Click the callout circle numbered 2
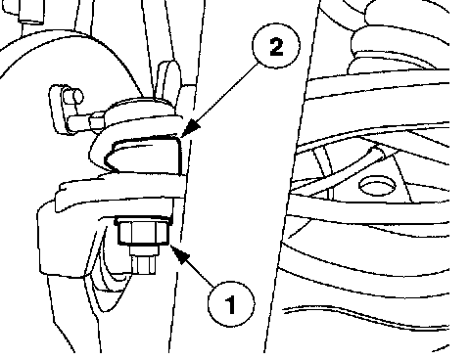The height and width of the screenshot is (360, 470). point(276,45)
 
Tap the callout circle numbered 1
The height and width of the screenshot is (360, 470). point(231,304)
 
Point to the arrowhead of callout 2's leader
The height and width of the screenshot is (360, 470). point(189,129)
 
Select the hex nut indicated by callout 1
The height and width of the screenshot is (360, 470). point(144,233)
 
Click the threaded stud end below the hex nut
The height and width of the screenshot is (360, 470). point(144,264)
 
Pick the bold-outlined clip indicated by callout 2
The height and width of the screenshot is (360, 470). point(144,154)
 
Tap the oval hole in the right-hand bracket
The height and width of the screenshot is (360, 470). point(377,186)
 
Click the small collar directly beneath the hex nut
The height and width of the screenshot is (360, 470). point(144,250)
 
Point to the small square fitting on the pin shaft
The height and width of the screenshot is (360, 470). point(97,121)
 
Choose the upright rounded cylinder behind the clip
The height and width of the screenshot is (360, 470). point(169,81)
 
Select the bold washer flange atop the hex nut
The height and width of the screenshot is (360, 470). point(144,219)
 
